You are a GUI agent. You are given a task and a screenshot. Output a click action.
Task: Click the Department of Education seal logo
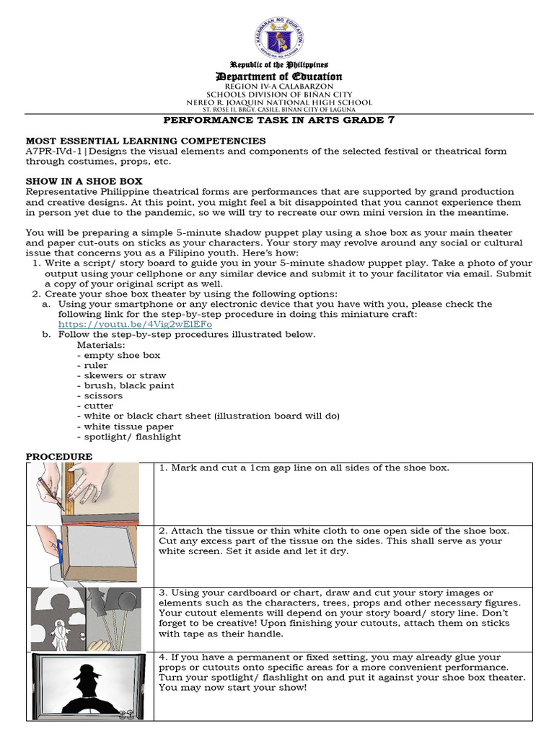pyautogui.click(x=279, y=38)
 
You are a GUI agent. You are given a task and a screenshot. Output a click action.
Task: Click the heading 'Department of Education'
pyautogui.click(x=279, y=76)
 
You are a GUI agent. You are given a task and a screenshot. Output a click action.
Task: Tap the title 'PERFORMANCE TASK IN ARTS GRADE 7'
pyautogui.click(x=279, y=121)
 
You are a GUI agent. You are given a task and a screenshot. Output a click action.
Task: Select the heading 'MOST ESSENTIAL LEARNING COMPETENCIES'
pyautogui.click(x=146, y=141)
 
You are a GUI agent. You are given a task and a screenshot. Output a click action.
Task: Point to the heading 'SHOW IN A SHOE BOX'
pyautogui.click(x=84, y=181)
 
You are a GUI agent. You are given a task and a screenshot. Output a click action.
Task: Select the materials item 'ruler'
pyautogui.click(x=92, y=365)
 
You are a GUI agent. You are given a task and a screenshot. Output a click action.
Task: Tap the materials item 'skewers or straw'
pyautogui.click(x=121, y=375)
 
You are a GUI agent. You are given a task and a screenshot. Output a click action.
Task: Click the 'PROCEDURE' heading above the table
pyautogui.click(x=59, y=457)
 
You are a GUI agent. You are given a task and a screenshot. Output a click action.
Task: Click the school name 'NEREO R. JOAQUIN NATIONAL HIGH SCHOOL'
pyautogui.click(x=279, y=102)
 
